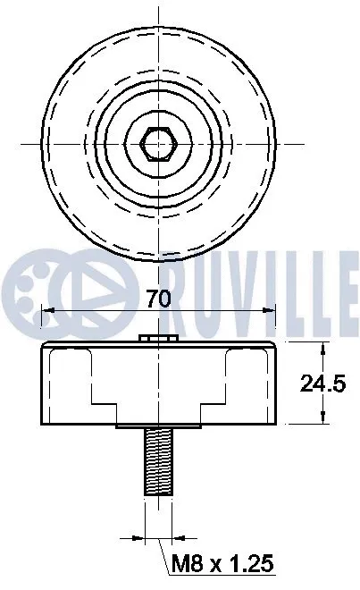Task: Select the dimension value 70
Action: point(158,299)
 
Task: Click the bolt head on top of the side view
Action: point(156,338)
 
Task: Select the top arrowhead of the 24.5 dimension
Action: point(322,348)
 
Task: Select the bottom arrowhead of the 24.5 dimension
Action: point(322,420)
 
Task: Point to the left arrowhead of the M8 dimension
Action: point(138,539)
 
